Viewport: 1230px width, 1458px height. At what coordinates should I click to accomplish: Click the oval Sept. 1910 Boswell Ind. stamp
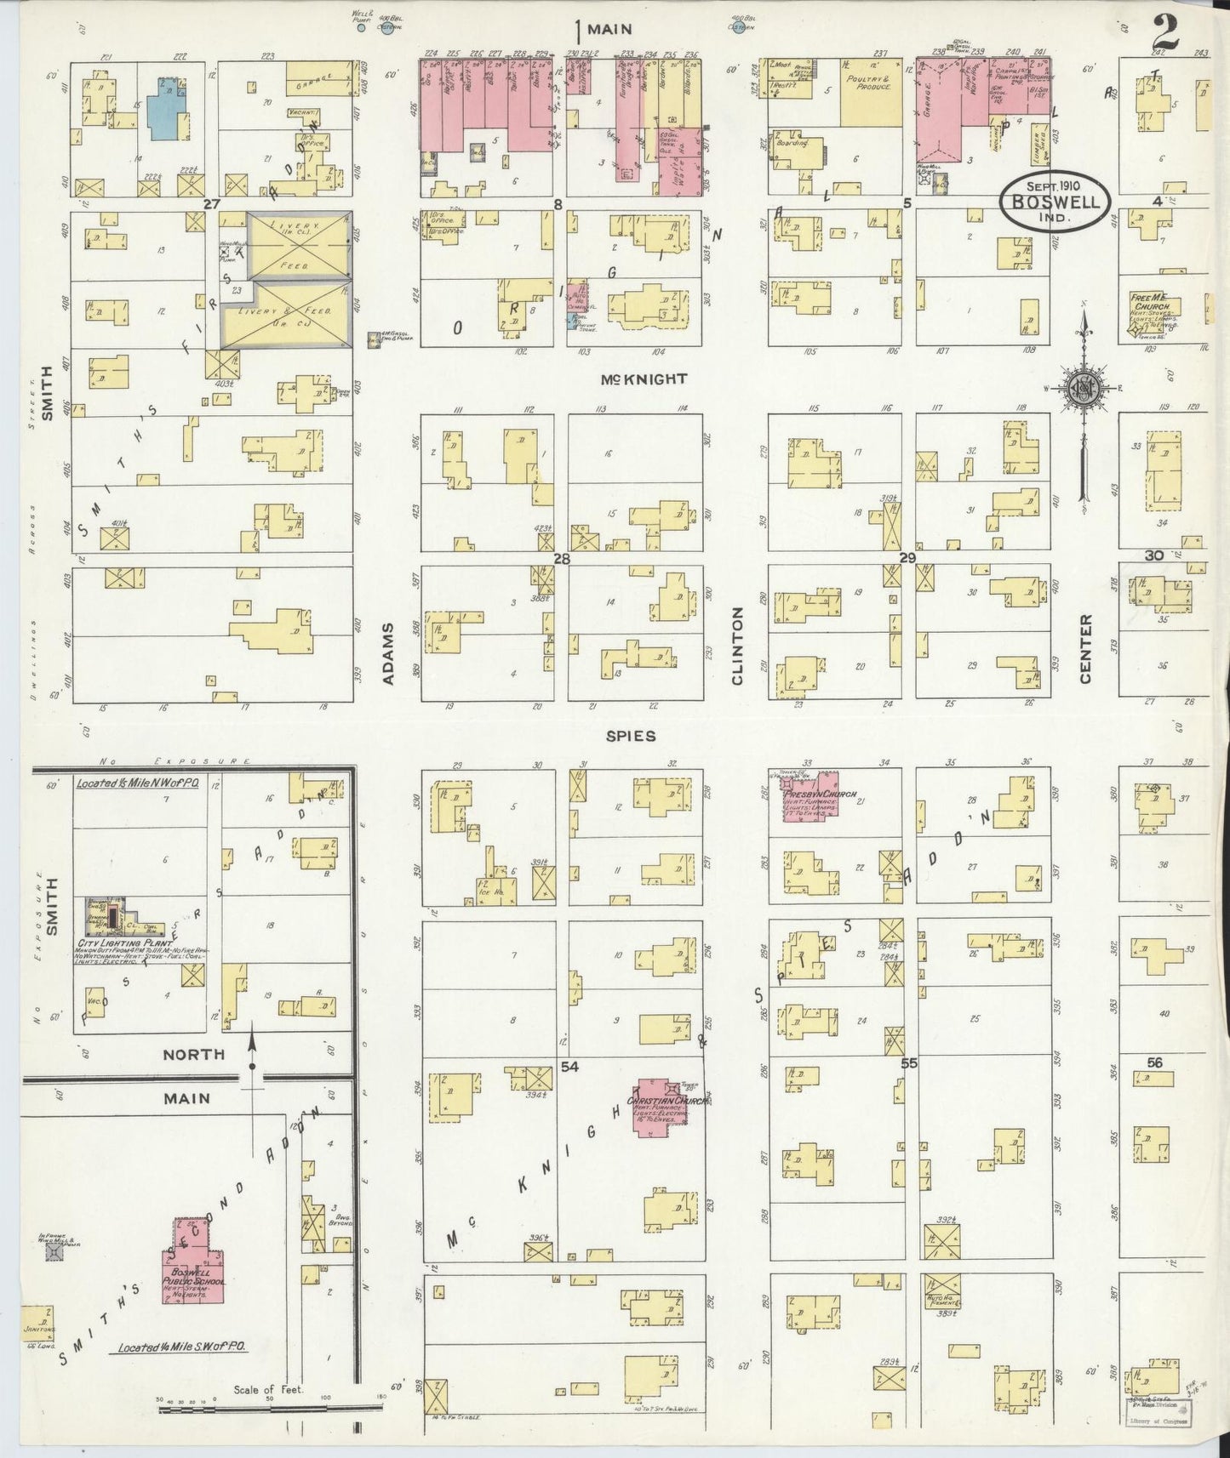1056,200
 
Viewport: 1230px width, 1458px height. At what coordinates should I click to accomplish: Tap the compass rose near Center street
1084,389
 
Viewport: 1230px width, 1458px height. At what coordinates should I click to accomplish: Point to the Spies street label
631,736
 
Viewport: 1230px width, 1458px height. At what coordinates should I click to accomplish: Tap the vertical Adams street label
387,653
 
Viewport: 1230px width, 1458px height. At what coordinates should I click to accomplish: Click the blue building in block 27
170,108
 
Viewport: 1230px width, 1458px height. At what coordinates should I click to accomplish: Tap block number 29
907,557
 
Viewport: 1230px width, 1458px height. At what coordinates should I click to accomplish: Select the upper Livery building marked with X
298,245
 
